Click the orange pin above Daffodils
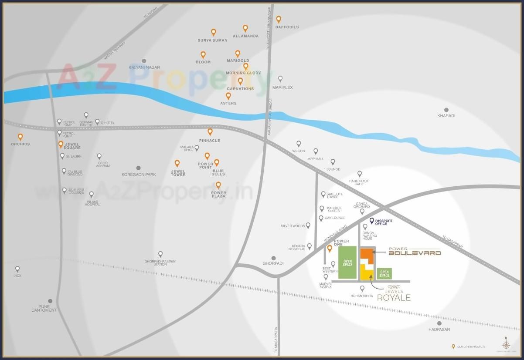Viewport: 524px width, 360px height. (x=279, y=19)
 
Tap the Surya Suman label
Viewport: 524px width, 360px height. (x=212, y=40)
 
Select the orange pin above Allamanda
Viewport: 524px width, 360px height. (x=245, y=28)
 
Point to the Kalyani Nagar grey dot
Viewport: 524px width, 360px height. (x=144, y=61)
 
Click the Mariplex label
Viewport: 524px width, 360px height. (x=282, y=87)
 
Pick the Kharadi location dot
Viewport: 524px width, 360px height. (x=446, y=110)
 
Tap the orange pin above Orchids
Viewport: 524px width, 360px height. (x=20, y=137)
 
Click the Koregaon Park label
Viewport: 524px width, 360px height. (x=139, y=175)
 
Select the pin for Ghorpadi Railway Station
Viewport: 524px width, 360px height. (x=160, y=254)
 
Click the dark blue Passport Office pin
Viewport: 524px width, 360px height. (x=372, y=221)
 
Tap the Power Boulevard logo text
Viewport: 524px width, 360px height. (x=414, y=252)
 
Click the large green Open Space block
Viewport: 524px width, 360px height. (x=347, y=262)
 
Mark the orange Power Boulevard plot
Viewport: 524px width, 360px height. (x=367, y=254)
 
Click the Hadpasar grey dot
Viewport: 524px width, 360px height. (x=439, y=323)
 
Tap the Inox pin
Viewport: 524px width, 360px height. (x=17, y=269)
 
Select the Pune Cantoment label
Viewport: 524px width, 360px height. (x=44, y=308)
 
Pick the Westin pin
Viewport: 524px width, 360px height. (x=299, y=144)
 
